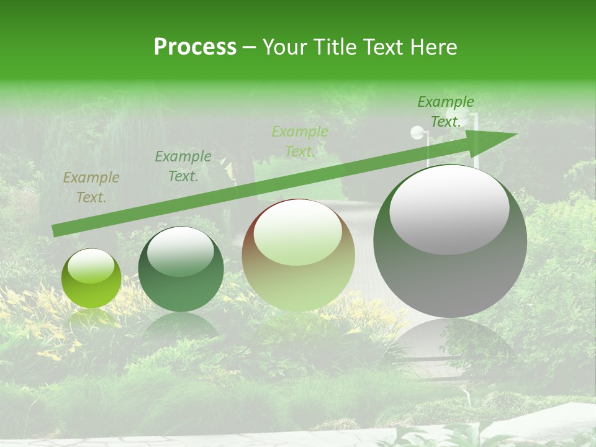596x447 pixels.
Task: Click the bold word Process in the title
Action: point(195,47)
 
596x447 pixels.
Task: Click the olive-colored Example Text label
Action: point(91,187)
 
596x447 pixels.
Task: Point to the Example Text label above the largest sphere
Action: point(445,112)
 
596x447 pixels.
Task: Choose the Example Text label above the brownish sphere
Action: point(300,142)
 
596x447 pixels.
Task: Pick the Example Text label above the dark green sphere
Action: point(183,166)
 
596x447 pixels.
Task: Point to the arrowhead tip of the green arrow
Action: point(517,134)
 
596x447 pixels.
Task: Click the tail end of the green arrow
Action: point(55,230)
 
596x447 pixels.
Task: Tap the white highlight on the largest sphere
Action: point(449,209)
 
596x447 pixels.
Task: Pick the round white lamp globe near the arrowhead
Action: point(417,132)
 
